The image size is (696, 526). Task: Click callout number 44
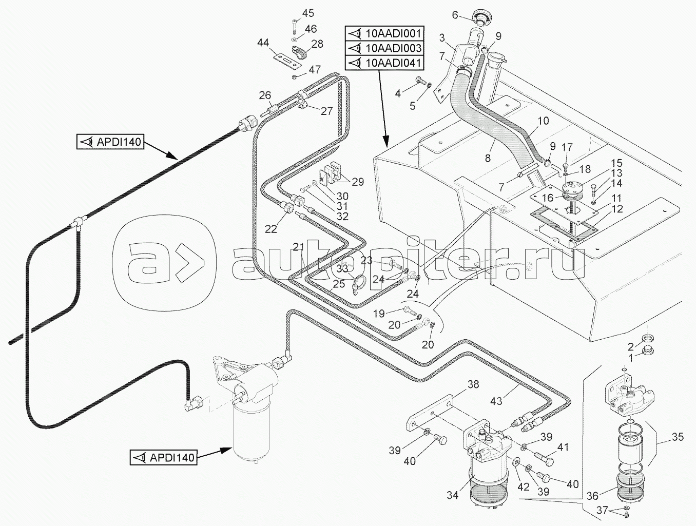pos(263,43)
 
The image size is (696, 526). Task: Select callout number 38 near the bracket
pos(473,384)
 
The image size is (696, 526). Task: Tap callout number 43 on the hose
pos(496,401)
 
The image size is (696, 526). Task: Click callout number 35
pos(678,437)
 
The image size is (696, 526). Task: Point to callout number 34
pos(452,495)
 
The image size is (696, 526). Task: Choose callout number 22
pos(271,228)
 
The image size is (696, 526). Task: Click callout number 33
pos(342,268)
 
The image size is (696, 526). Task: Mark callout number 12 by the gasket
pos(616,209)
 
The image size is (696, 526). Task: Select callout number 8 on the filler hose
pos(488,158)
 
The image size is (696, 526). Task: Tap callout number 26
pos(265,95)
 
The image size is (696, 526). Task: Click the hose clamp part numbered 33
pos(358,283)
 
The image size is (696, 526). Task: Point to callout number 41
pos(563,447)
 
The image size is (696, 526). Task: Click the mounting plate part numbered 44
pos(286,60)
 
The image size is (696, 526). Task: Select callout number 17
pos(567,148)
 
